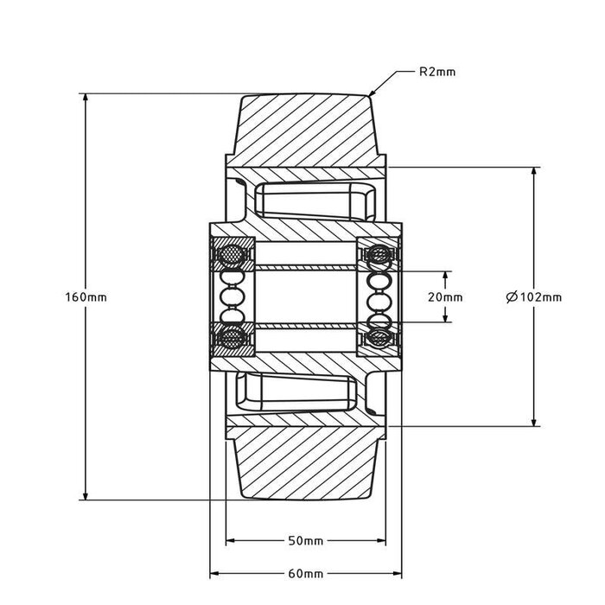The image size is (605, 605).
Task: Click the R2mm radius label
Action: pyautogui.click(x=436, y=73)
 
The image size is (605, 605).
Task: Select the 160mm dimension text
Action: pyautogui.click(x=86, y=296)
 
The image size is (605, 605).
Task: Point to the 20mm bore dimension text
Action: pyautogui.click(x=445, y=296)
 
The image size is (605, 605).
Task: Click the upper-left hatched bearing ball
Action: pyautogui.click(x=232, y=256)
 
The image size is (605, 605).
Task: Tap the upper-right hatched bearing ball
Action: pyautogui.click(x=378, y=256)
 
